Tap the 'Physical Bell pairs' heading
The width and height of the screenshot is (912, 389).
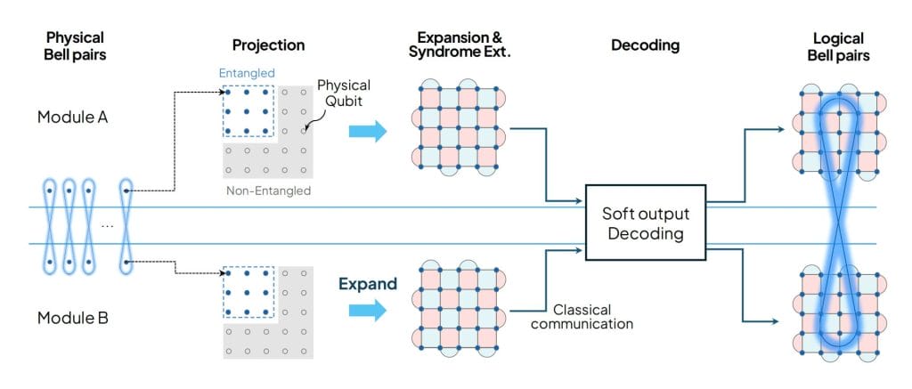76,45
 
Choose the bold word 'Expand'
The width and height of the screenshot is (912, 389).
366,285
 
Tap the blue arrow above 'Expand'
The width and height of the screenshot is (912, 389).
368,310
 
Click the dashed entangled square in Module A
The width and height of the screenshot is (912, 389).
248,112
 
